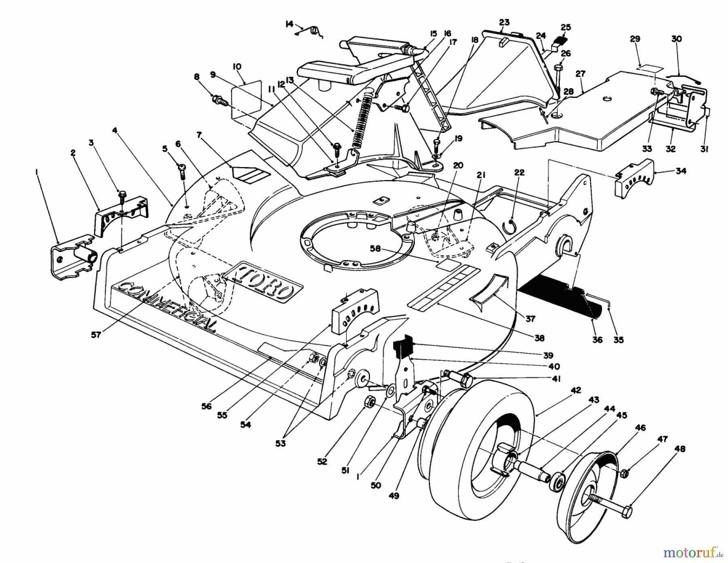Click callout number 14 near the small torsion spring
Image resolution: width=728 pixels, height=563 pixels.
289,24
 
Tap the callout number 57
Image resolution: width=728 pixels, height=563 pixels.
96,335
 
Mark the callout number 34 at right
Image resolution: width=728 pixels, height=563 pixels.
681,171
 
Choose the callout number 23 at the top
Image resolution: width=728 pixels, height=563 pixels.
504,22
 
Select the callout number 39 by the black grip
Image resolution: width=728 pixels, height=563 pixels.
548,356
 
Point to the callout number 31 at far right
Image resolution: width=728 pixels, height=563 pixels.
704,149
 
